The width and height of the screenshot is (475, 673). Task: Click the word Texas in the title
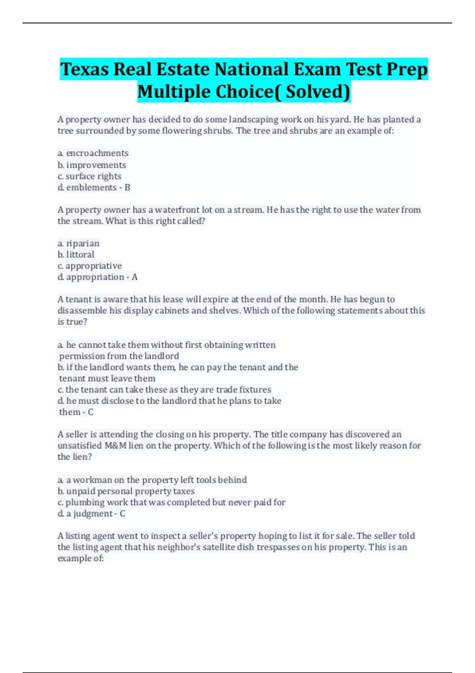[x=84, y=69]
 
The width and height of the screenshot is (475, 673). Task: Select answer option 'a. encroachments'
[x=93, y=153]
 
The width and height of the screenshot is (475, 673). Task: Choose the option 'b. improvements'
[x=92, y=165]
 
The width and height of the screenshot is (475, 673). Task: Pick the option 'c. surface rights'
[x=89, y=176]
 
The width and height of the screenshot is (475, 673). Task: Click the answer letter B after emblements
[x=127, y=187]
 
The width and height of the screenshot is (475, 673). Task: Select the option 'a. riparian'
[x=78, y=243]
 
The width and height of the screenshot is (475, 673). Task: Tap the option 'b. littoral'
[x=76, y=255]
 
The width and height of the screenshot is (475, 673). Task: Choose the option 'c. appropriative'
[x=89, y=266]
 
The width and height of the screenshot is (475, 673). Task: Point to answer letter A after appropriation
[x=135, y=277]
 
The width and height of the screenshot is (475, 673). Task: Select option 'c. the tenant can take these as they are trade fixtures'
[x=164, y=390]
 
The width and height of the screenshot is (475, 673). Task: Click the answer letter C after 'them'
[x=90, y=412]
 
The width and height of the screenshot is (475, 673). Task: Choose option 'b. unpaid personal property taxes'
[x=126, y=491]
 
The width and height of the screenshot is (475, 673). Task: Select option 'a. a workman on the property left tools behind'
[x=152, y=480]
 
